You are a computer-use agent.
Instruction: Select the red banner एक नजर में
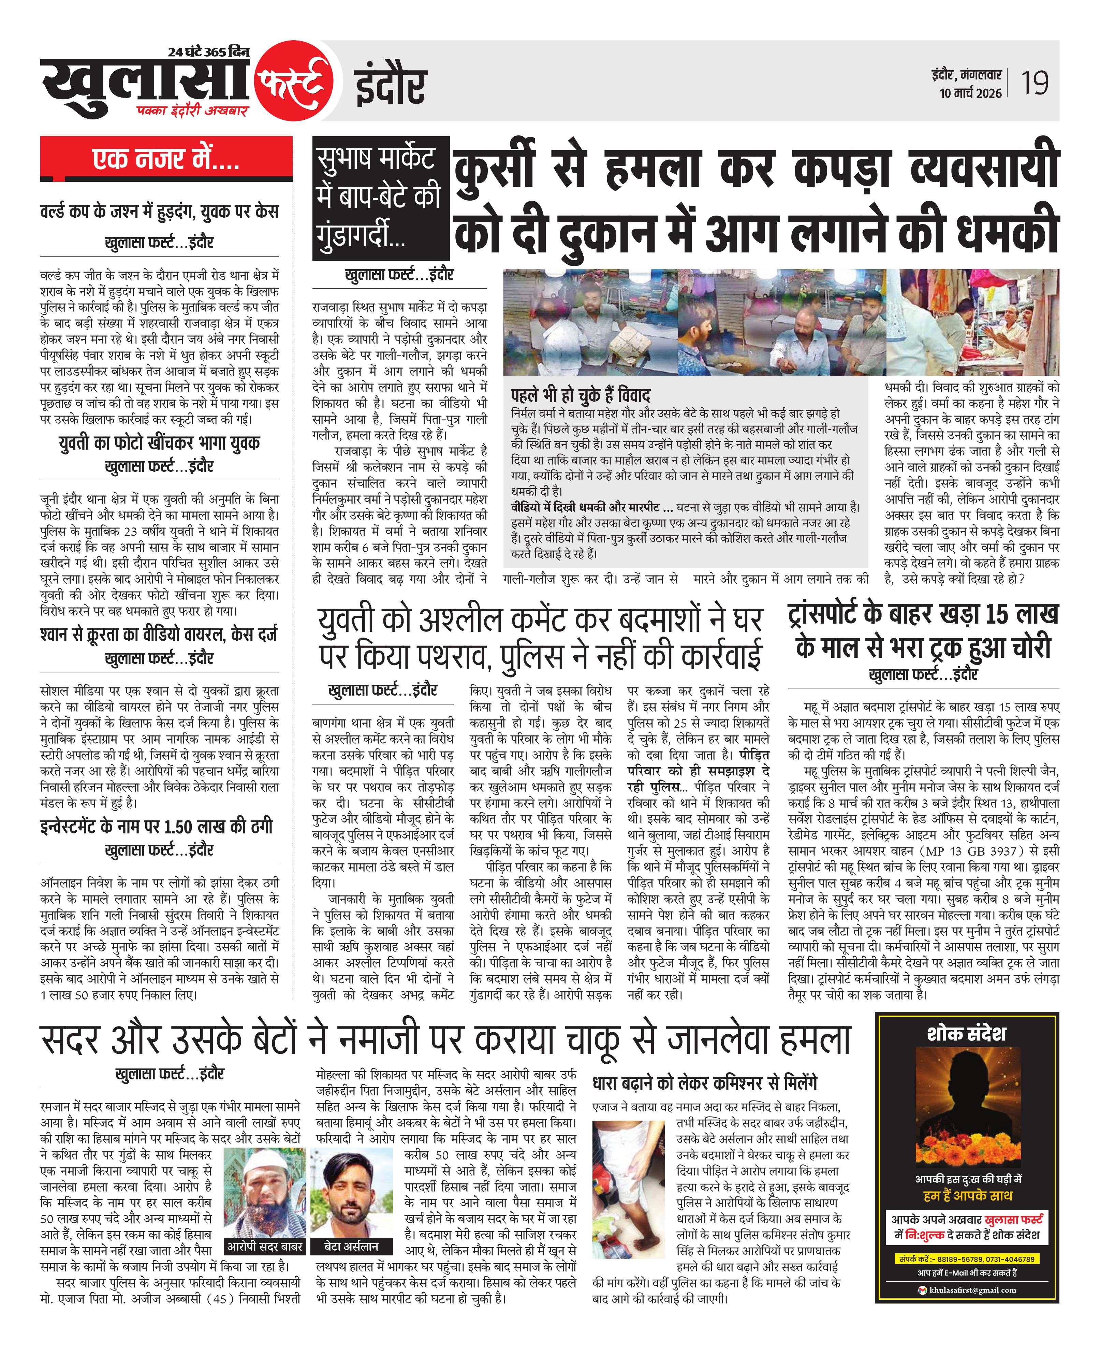166,158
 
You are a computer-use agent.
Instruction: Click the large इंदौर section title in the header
390,86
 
